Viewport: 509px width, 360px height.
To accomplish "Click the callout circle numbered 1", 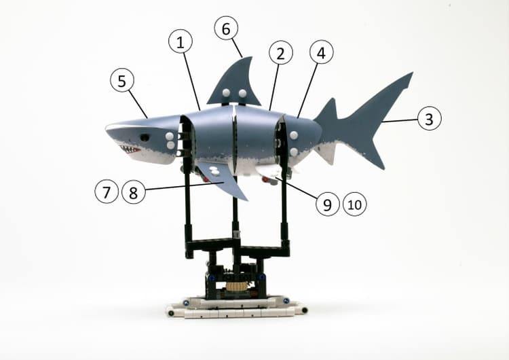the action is click(x=181, y=41).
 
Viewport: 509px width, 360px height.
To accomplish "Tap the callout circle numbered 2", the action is click(x=281, y=52).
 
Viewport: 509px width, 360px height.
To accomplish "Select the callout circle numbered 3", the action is click(x=429, y=118).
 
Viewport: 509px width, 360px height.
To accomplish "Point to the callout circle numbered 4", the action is click(x=322, y=52).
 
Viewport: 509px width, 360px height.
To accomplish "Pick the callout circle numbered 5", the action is click(x=122, y=80).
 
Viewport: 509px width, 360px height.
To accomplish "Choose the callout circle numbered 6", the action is click(x=226, y=28).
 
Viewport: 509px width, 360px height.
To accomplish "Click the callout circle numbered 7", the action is click(x=107, y=192).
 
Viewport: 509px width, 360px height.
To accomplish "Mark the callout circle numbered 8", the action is click(x=134, y=192).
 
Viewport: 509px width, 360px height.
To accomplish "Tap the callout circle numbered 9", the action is click(x=328, y=204).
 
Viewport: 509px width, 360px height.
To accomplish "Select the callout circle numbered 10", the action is click(x=355, y=204).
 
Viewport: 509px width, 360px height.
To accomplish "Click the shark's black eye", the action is click(x=145, y=137).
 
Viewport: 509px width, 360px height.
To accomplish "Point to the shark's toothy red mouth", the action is click(x=130, y=149).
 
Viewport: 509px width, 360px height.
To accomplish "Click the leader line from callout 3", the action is click(x=400, y=120).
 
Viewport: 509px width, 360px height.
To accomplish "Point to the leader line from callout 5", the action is click(x=138, y=104).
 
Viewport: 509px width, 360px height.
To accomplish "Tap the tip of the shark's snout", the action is click(x=107, y=128).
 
